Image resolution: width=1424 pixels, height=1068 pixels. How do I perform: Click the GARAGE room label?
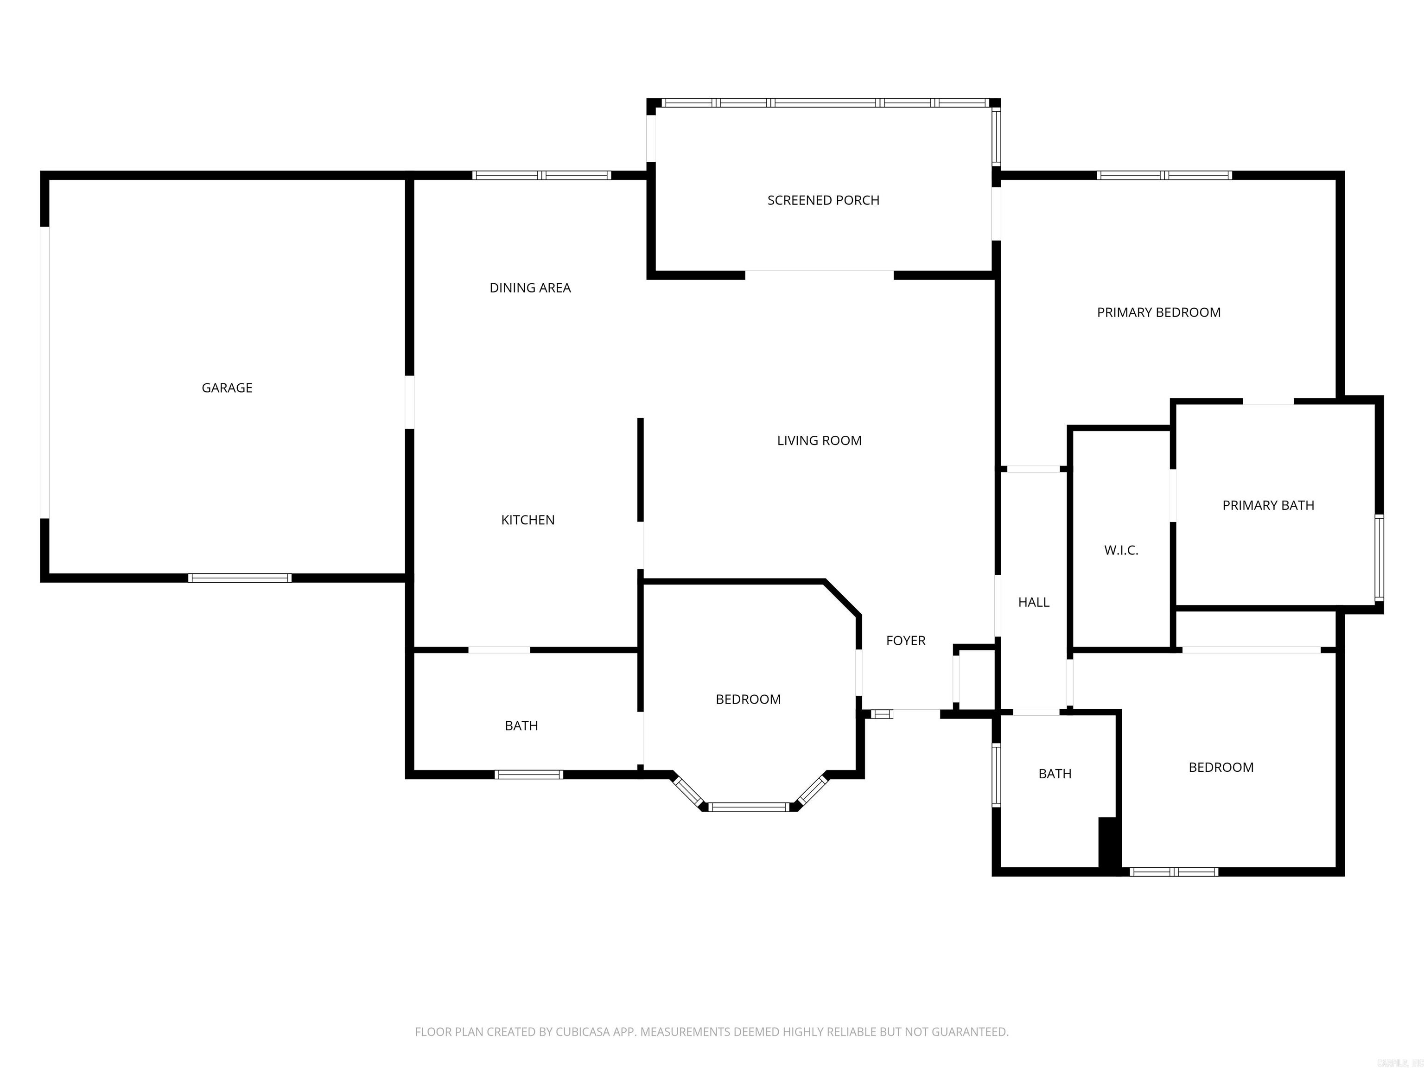click(x=227, y=388)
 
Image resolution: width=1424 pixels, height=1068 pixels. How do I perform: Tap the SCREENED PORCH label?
click(x=823, y=200)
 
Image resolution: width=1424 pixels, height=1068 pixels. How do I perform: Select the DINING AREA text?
click(x=530, y=288)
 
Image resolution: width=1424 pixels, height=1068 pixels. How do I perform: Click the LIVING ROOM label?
click(x=819, y=440)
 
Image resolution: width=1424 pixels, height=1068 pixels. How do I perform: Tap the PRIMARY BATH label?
click(x=1268, y=505)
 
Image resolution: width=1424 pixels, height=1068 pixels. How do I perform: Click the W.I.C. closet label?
click(x=1121, y=550)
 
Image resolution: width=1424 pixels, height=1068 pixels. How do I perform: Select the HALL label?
click(x=1033, y=602)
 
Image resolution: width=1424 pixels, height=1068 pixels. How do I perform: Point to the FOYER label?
click(x=905, y=641)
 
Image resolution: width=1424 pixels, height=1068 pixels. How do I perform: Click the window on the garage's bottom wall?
click(x=240, y=578)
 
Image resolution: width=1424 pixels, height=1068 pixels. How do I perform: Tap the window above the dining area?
click(x=541, y=175)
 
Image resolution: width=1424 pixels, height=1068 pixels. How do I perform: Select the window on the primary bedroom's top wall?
click(x=1164, y=175)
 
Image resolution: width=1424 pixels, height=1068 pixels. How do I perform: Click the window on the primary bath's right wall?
click(x=1379, y=558)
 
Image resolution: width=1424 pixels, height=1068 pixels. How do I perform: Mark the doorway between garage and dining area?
click(x=409, y=402)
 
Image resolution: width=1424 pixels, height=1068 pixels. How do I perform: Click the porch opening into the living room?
click(x=819, y=275)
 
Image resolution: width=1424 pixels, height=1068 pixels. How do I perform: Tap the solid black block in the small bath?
click(x=1108, y=845)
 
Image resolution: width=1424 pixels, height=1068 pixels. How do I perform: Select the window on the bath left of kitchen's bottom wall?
click(x=528, y=775)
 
